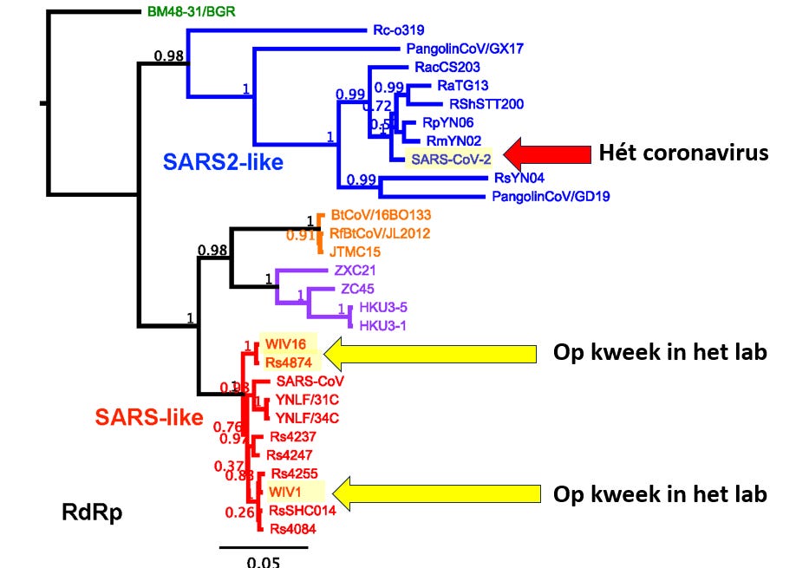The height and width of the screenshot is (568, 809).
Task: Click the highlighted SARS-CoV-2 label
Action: pyautogui.click(x=451, y=159)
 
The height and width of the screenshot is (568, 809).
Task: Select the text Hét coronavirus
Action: pyautogui.click(x=683, y=153)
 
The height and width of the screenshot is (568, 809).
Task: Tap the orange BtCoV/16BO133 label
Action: pyautogui.click(x=380, y=214)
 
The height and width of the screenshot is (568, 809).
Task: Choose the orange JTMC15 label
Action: pyautogui.click(x=355, y=251)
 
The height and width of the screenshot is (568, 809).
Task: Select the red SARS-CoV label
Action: pyautogui.click(x=310, y=381)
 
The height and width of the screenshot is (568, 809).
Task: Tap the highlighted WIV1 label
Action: pyautogui.click(x=284, y=492)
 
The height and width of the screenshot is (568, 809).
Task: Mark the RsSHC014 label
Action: pyautogui.click(x=301, y=509)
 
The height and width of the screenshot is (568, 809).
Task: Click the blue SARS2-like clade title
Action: pyautogui.click(x=223, y=161)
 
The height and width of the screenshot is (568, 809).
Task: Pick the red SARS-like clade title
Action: pyautogui.click(x=149, y=418)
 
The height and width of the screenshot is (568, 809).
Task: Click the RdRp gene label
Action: pyautogui.click(x=91, y=512)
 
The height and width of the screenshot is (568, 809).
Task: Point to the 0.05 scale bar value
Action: pyautogui.click(x=264, y=561)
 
